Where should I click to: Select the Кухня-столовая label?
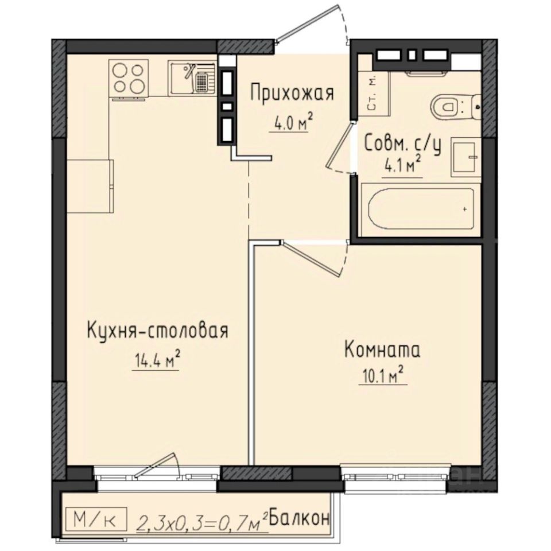158,331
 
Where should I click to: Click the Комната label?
382,350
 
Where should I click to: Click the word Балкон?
299,518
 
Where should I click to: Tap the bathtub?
420,209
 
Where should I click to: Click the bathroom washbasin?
465,157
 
